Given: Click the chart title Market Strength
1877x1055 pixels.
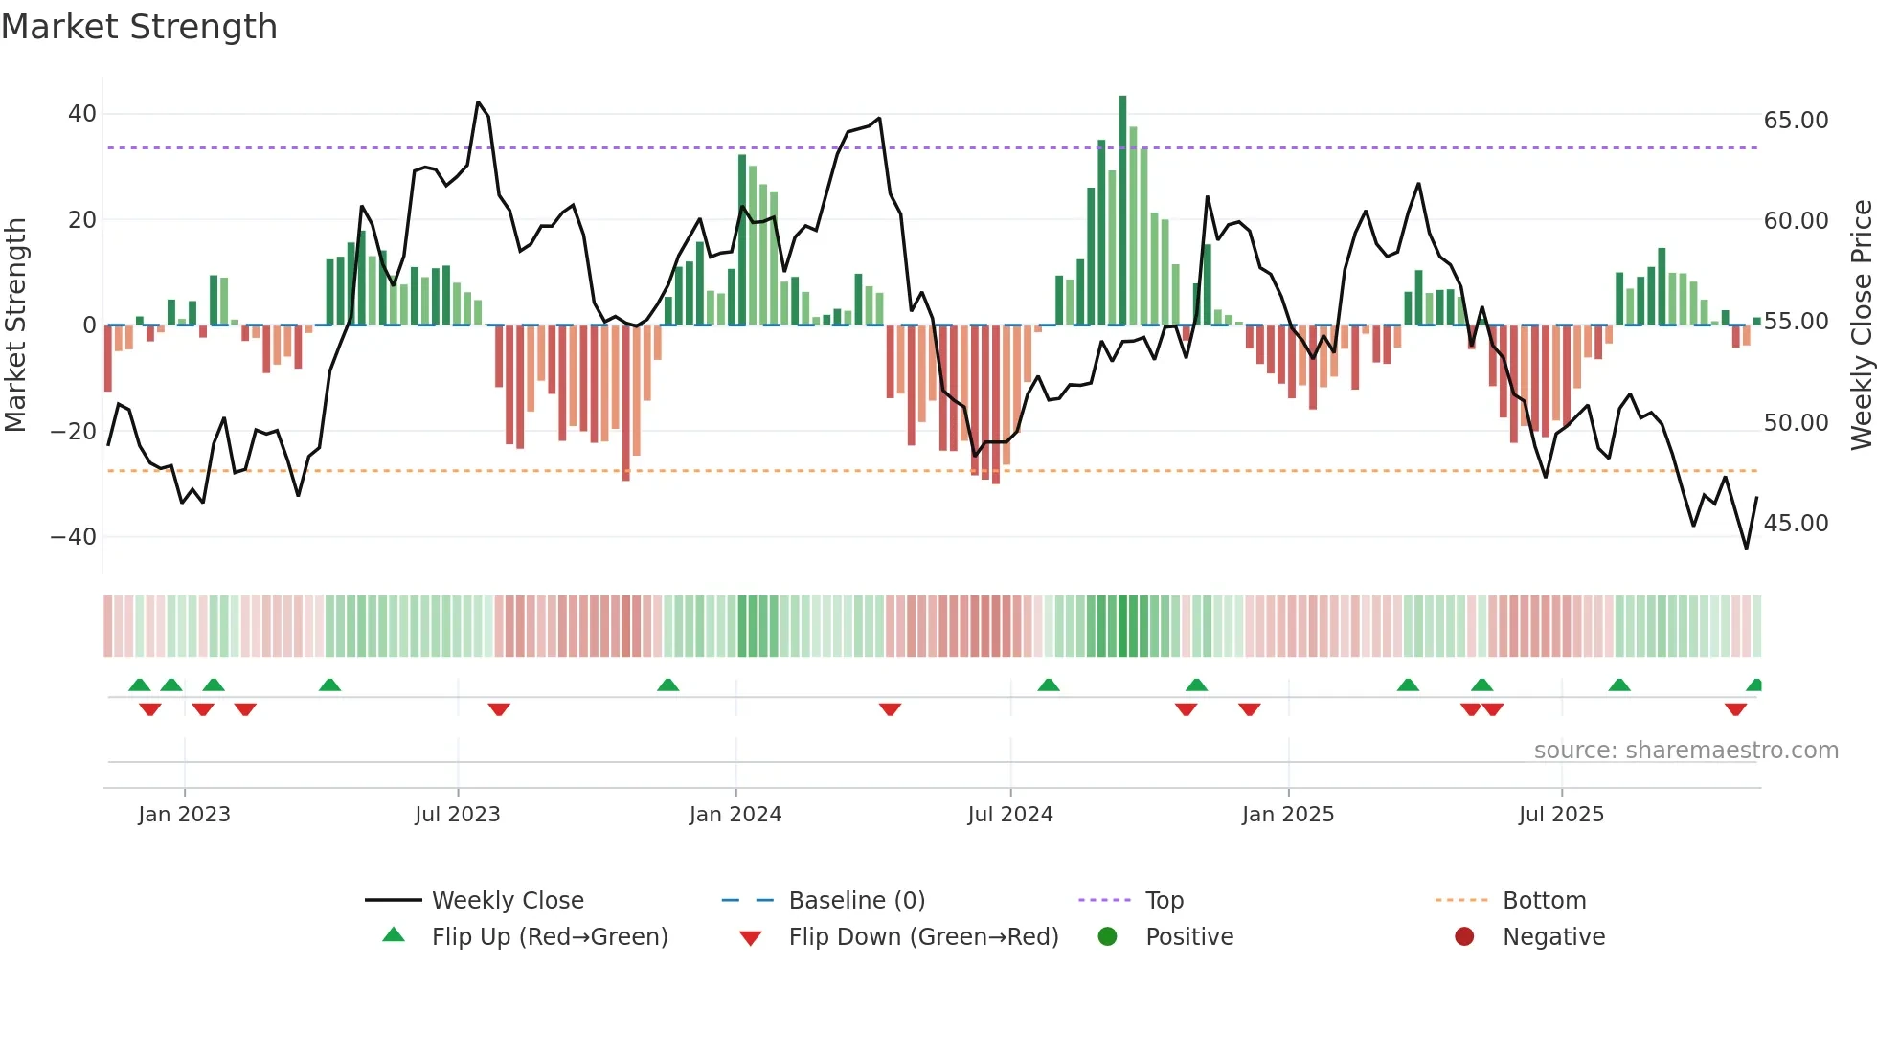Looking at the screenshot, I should coord(139,27).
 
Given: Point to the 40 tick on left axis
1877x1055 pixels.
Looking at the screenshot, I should coord(82,114).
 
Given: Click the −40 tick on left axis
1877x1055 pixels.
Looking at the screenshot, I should coord(74,537).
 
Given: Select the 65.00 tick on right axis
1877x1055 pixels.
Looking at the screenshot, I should coord(1796,121).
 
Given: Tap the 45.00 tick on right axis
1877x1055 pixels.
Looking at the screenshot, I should coord(1796,524).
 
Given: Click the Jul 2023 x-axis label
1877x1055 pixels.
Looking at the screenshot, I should coord(457,815).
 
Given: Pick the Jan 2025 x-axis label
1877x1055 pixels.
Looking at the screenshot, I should coord(1287,815).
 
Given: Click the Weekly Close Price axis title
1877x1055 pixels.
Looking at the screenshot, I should coord(1861,325).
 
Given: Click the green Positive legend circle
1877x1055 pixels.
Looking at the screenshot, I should coord(1107,937).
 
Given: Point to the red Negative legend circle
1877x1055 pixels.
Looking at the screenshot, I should coord(1463,937).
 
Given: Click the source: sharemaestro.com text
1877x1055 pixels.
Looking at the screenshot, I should coord(1685,751).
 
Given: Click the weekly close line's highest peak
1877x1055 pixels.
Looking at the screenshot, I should coord(478,102).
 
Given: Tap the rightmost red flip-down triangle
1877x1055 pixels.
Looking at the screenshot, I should coord(1735,709).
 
